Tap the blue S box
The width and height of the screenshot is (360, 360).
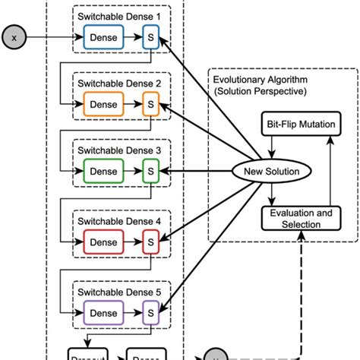pyautogui.click(x=150, y=36)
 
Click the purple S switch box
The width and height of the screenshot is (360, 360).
pyautogui.click(x=150, y=311)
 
